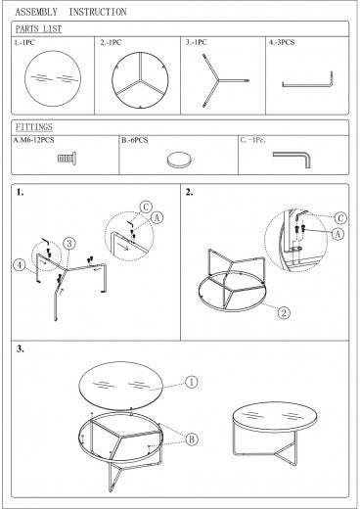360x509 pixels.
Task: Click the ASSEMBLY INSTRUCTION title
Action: (70, 12)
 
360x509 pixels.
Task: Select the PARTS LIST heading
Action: (38, 29)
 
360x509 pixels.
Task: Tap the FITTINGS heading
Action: (34, 127)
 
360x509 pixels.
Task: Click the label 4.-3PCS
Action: (282, 42)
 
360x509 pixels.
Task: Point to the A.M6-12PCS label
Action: (33, 140)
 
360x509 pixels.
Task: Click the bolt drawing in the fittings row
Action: (67, 159)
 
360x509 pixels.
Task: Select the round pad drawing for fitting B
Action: (179, 160)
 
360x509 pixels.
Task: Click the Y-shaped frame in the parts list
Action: (218, 80)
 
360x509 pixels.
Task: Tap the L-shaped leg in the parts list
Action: (307, 85)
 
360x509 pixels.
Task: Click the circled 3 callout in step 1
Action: (69, 244)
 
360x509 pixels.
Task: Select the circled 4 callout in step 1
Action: (20, 264)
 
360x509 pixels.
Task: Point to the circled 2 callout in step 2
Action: (284, 313)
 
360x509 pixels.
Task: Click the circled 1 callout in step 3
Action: (192, 382)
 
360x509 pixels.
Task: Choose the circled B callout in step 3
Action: (192, 440)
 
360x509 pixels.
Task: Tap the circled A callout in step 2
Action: (337, 234)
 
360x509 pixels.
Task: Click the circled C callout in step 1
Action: (146, 207)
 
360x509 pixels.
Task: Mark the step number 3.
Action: (21, 348)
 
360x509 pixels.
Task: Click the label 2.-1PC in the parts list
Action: (111, 42)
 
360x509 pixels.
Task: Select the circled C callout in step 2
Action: (340, 218)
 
